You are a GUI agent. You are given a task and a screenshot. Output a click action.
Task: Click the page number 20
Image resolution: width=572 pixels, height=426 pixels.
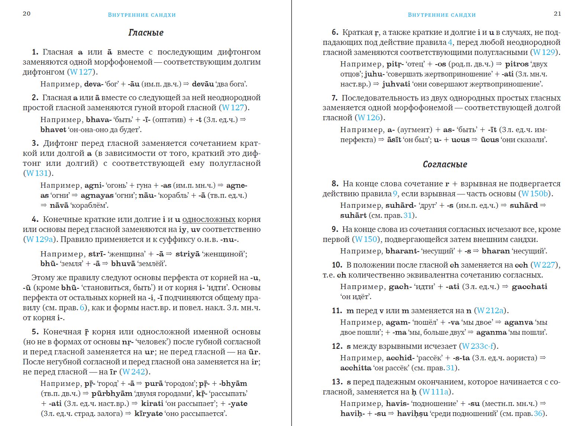pos(27,14)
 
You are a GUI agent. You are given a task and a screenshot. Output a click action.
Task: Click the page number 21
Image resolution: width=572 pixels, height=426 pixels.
pos(557,14)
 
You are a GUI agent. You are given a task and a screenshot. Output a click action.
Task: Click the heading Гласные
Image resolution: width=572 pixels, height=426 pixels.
pos(146,33)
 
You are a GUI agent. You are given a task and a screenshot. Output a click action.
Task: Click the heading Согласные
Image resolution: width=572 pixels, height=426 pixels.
pos(445,164)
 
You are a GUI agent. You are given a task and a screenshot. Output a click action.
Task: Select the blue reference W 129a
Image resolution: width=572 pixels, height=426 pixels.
pos(40,239)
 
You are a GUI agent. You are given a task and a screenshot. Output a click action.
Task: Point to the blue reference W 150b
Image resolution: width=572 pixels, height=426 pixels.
pos(535,194)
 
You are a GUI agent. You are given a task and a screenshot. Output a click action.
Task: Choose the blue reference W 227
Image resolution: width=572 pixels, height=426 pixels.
pos(545,265)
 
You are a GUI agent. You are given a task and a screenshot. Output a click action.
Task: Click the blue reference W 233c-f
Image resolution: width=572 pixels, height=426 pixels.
pos(478,346)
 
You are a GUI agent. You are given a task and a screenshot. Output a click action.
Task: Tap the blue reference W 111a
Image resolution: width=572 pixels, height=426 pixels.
pos(435,392)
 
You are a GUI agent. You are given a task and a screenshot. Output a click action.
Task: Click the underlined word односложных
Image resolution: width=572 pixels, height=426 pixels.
pos(209,219)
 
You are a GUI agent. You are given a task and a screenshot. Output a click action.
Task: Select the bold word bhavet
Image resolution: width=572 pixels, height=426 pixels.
pos(53,130)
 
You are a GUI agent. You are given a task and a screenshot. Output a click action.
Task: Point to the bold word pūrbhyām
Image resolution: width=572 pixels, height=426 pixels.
pos(112,394)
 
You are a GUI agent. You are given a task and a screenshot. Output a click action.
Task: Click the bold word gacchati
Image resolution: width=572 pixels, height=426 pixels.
pos(529,287)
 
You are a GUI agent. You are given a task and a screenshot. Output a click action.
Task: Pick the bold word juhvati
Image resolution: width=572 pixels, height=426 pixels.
pos(396,84)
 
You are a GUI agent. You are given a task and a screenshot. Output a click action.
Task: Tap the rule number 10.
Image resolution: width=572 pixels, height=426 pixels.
pos(337,265)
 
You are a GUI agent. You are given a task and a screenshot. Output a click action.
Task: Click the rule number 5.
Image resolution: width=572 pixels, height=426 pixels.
pos(35,332)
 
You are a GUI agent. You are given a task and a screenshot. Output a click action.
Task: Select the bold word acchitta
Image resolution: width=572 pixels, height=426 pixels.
pos(355,368)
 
